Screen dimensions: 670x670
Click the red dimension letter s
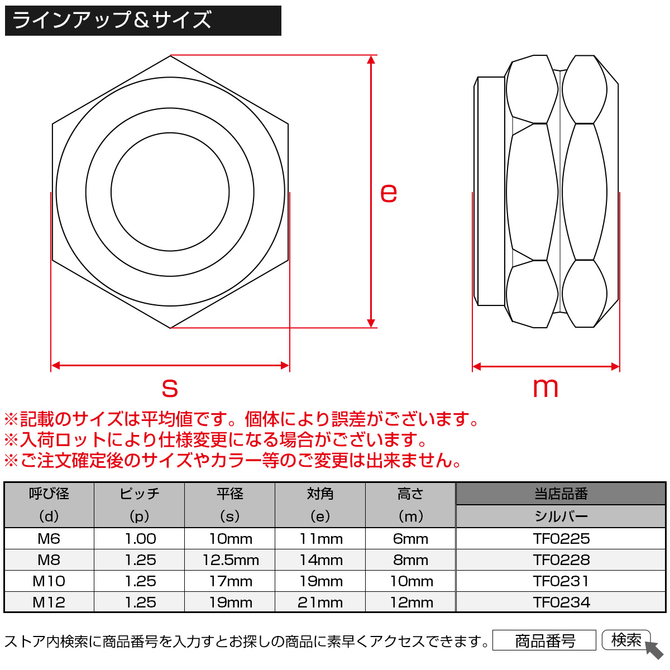coord(170,387)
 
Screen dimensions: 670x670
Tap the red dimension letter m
coord(545,387)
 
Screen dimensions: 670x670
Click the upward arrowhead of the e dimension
coord(371,60)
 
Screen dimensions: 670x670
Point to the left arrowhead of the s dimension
coord(56,365)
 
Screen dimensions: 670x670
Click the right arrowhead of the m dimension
coord(615,366)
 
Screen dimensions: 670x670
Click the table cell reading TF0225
coord(561,539)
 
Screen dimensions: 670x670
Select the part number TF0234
coord(561,602)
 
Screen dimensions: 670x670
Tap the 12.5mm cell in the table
coord(231,560)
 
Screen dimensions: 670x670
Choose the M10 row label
coord(49,581)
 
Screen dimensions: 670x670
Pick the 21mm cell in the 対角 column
coord(320,602)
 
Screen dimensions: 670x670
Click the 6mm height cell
coord(410,539)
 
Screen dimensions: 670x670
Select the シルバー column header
coord(561,516)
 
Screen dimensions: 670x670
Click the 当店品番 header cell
coord(561,494)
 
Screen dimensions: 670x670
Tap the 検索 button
coord(626,640)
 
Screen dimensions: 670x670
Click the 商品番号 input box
coord(544,640)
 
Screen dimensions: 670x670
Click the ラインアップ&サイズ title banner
coord(143,21)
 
